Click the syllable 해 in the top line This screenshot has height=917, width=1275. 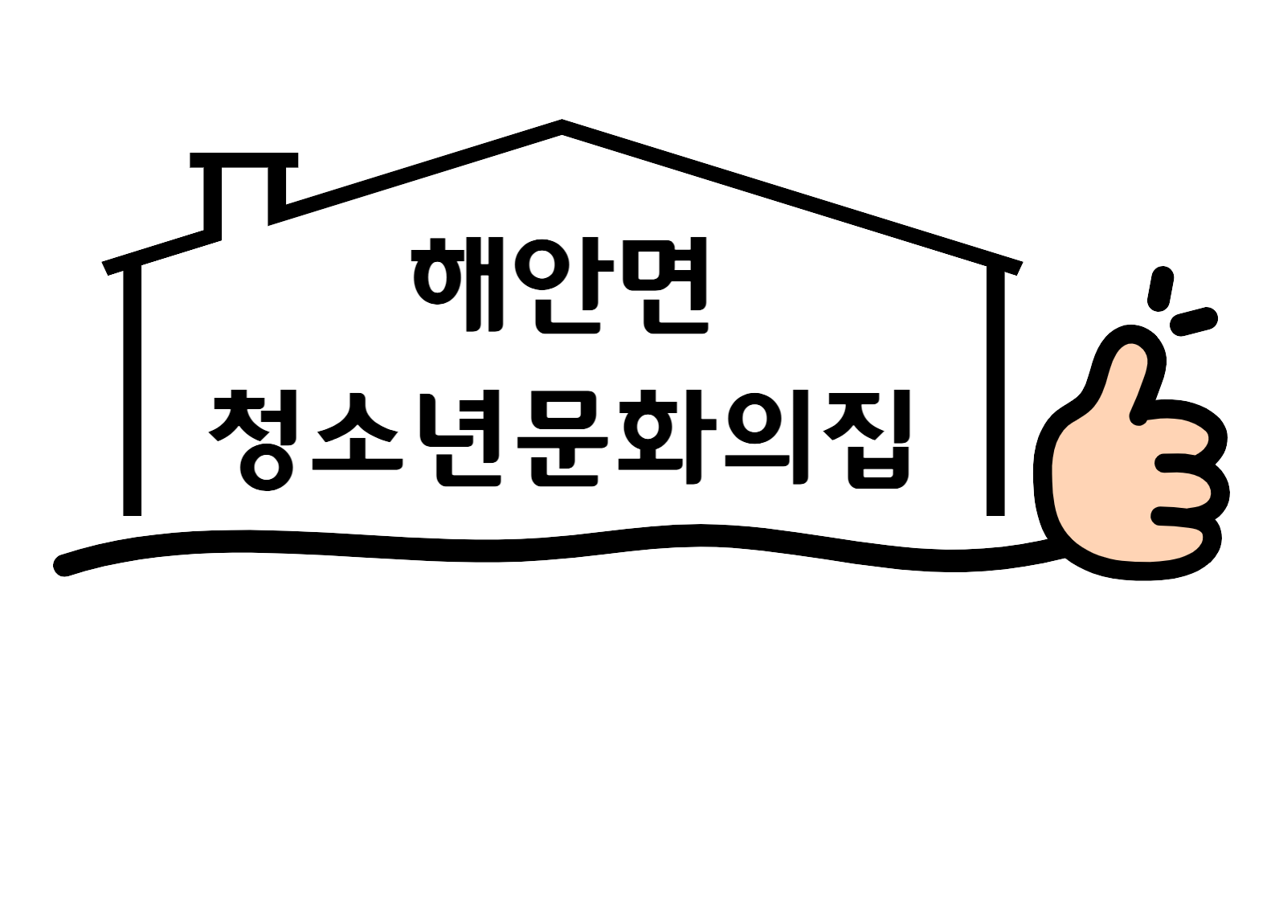point(458,284)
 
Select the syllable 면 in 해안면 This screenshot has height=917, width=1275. point(665,285)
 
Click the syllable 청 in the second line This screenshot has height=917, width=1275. point(253,439)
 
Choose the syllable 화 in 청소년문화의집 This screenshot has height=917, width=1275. point(667,437)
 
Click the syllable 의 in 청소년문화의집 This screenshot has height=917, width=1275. point(767,437)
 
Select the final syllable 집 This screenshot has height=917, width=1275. point(867,439)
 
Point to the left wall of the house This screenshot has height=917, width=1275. point(132,390)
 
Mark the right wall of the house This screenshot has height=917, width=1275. point(995,391)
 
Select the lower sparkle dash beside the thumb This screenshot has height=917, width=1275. point(1194,321)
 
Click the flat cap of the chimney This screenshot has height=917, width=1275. point(244,160)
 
